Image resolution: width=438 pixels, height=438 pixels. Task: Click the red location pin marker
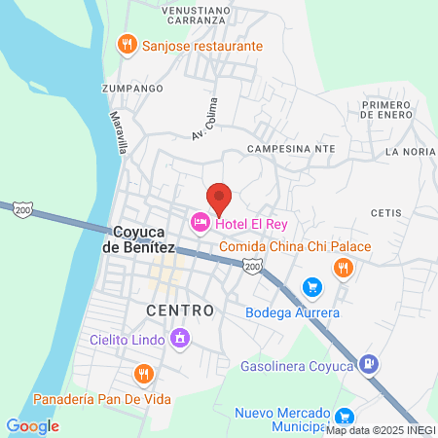click(x=219, y=200)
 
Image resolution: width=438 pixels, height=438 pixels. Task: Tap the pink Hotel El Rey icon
click(x=201, y=224)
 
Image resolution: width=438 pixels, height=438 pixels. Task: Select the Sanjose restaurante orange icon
click(x=127, y=44)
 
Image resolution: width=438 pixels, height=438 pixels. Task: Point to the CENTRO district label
click(x=180, y=310)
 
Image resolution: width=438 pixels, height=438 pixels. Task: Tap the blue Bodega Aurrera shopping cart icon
click(x=311, y=286)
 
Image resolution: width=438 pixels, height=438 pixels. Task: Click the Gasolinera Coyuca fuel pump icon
click(x=368, y=365)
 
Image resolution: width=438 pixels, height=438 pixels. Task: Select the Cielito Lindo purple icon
click(x=179, y=339)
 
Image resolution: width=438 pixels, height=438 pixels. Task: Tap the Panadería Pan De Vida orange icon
click(x=144, y=374)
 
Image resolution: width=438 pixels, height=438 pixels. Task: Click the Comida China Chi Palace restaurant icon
click(x=342, y=267)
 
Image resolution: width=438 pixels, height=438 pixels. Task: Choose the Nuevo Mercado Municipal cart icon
click(x=344, y=416)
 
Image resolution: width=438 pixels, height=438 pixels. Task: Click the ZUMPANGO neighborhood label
click(x=130, y=87)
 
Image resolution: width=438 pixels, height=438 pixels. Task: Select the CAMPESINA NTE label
click(x=292, y=148)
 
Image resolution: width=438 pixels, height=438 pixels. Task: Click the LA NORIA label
click(x=409, y=152)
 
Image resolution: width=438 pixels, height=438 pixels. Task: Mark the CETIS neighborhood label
click(x=386, y=212)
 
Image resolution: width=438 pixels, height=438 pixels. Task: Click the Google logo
click(x=32, y=425)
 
